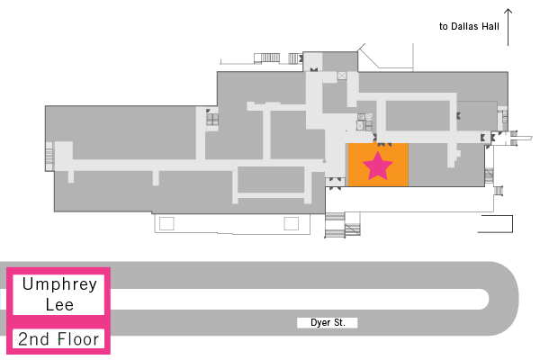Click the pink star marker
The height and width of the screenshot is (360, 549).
[378, 165]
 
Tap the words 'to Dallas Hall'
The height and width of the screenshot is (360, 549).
[468, 27]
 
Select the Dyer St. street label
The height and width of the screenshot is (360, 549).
[328, 322]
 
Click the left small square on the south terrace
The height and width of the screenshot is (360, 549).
[166, 222]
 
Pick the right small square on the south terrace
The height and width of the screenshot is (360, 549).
[291, 222]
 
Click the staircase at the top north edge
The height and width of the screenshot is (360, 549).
[267, 58]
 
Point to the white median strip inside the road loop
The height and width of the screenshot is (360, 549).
[297, 299]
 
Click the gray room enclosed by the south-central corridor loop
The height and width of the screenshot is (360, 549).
[270, 179]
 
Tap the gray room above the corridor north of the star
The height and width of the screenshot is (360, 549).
[418, 115]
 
